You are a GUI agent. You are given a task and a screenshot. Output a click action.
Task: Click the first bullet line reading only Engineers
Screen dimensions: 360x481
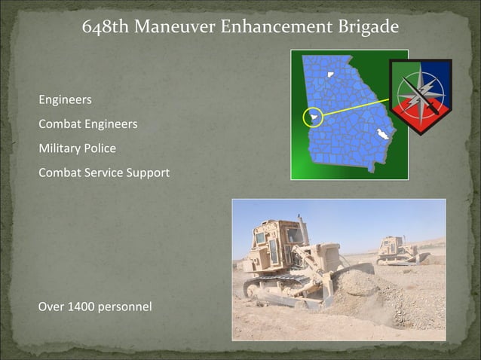pos(65,99)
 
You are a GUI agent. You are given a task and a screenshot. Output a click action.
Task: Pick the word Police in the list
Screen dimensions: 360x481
pos(100,148)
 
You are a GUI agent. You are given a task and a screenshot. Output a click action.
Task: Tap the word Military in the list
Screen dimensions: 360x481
pos(60,148)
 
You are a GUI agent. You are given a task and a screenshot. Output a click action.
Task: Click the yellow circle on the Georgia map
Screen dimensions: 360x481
pos(312,117)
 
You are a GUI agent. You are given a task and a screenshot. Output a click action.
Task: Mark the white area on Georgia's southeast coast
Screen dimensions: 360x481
pos(384,134)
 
